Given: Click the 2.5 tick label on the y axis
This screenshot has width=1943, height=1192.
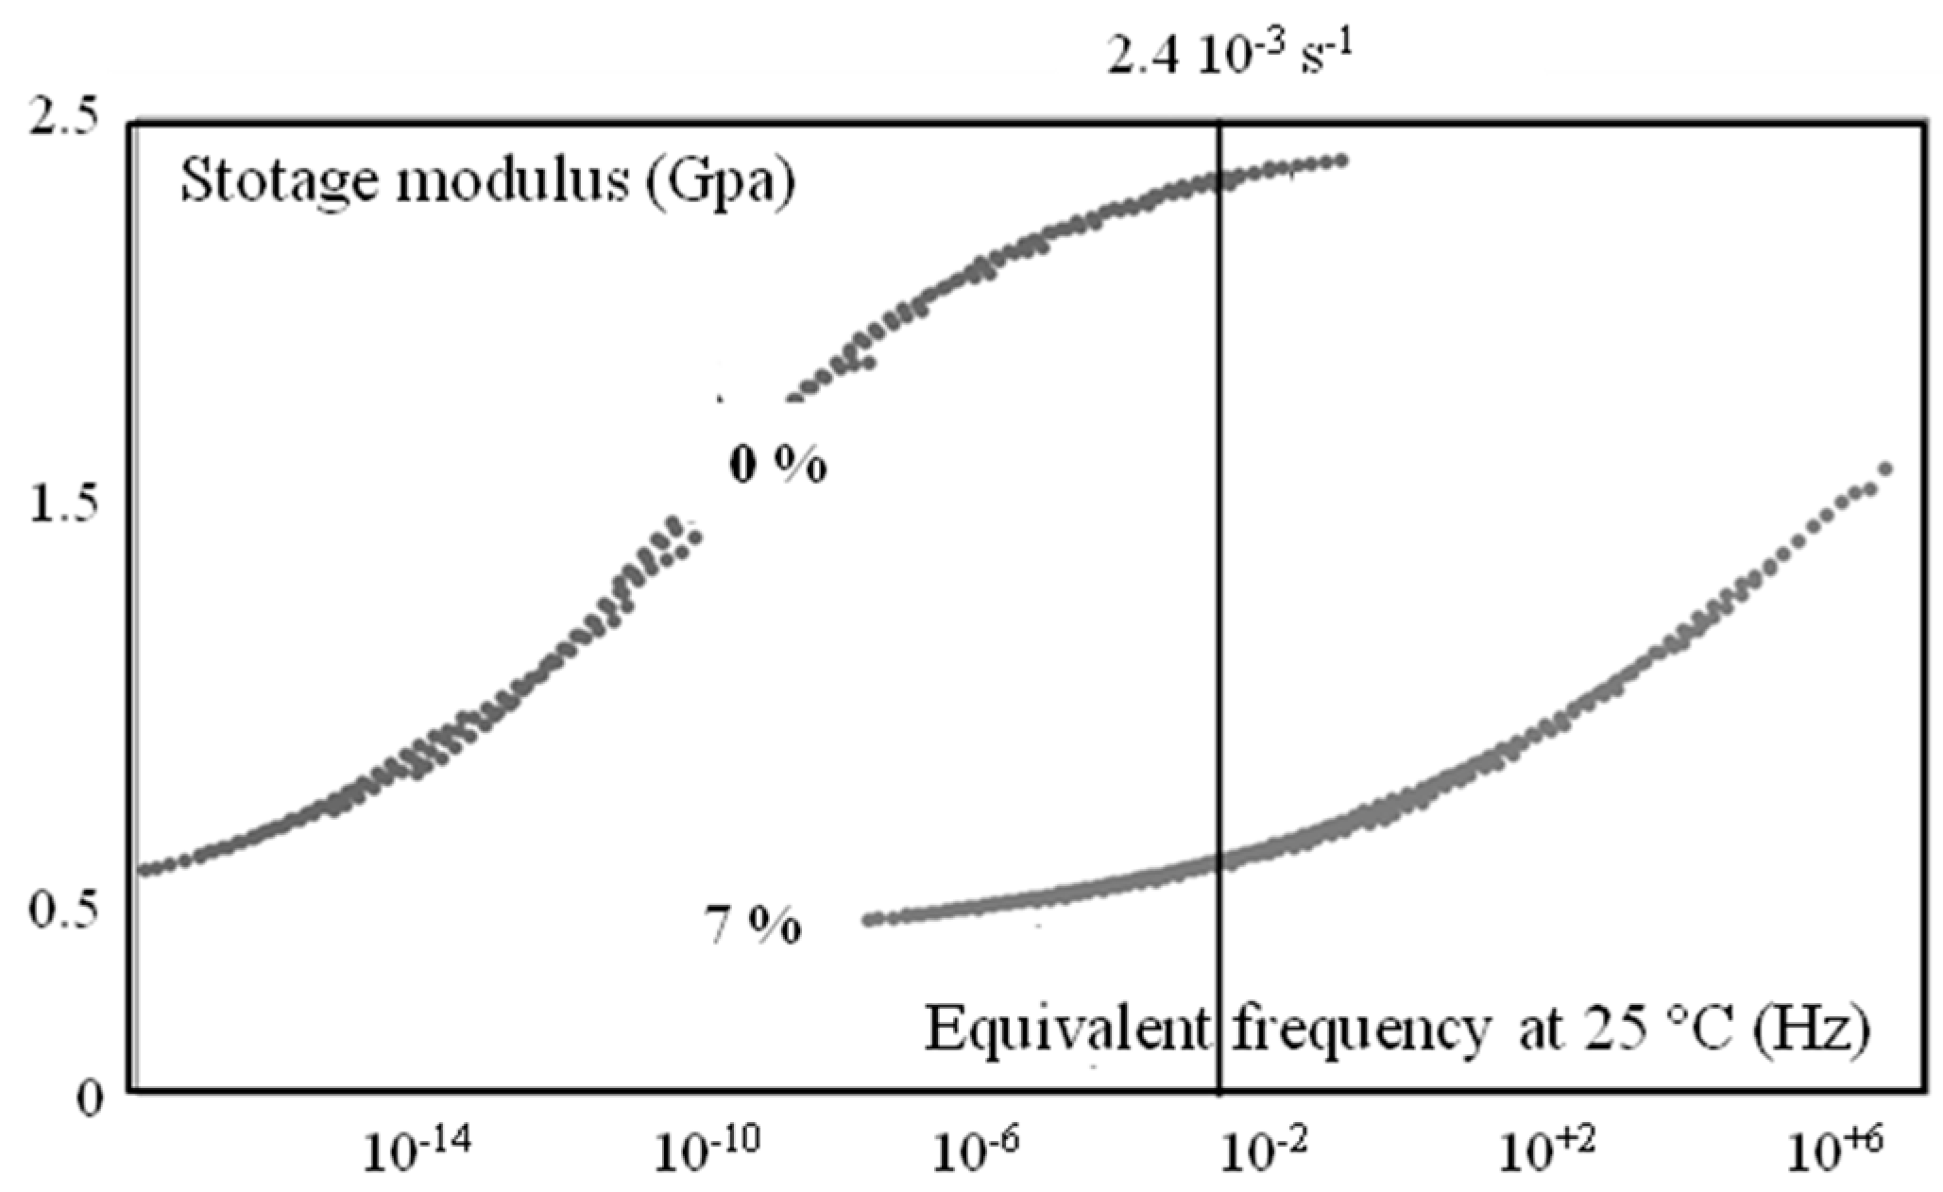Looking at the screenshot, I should coord(63,122).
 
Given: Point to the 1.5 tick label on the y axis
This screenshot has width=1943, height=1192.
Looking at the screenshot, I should coord(63,506).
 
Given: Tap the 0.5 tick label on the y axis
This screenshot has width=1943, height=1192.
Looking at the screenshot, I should coord(63,912).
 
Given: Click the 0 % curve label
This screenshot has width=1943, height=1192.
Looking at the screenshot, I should coord(778,466).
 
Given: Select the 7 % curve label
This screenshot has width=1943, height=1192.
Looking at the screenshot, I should coord(753,927).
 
